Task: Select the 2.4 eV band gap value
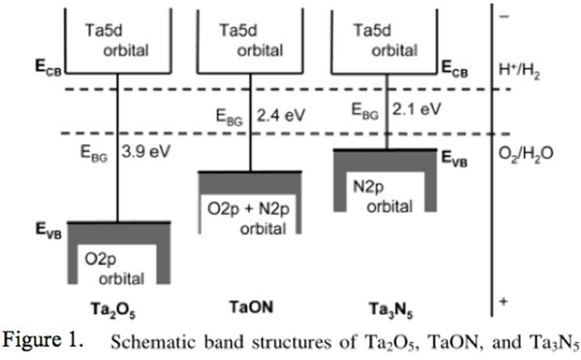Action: click(281, 116)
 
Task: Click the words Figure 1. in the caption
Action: click(40, 343)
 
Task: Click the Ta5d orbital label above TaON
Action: click(250, 38)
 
